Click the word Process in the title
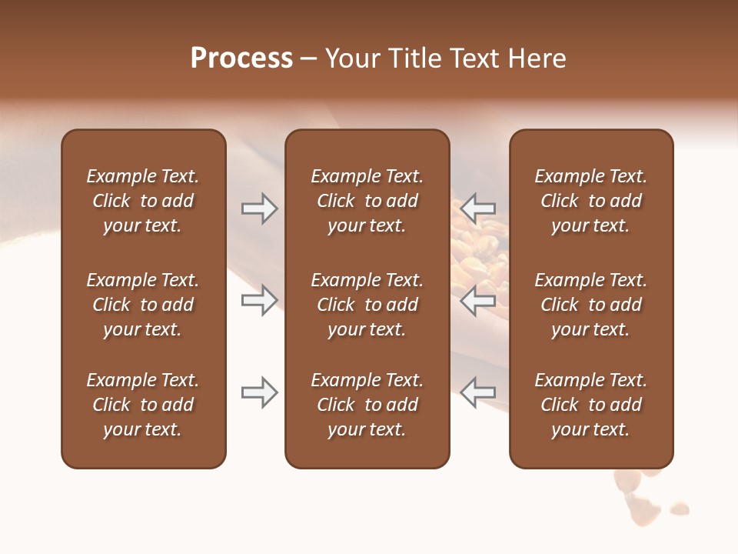tap(241, 58)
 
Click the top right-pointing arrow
tap(259, 208)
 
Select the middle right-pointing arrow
tap(259, 300)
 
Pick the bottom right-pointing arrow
tap(259, 392)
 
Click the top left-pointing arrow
tap(478, 208)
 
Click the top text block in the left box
tap(143, 201)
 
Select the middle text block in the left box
tap(143, 305)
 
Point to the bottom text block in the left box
tap(143, 405)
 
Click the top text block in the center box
tap(367, 201)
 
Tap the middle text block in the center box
tap(367, 305)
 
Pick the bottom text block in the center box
tap(367, 405)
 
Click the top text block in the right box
tap(591, 201)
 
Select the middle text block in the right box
tap(591, 305)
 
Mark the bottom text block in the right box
tap(591, 405)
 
